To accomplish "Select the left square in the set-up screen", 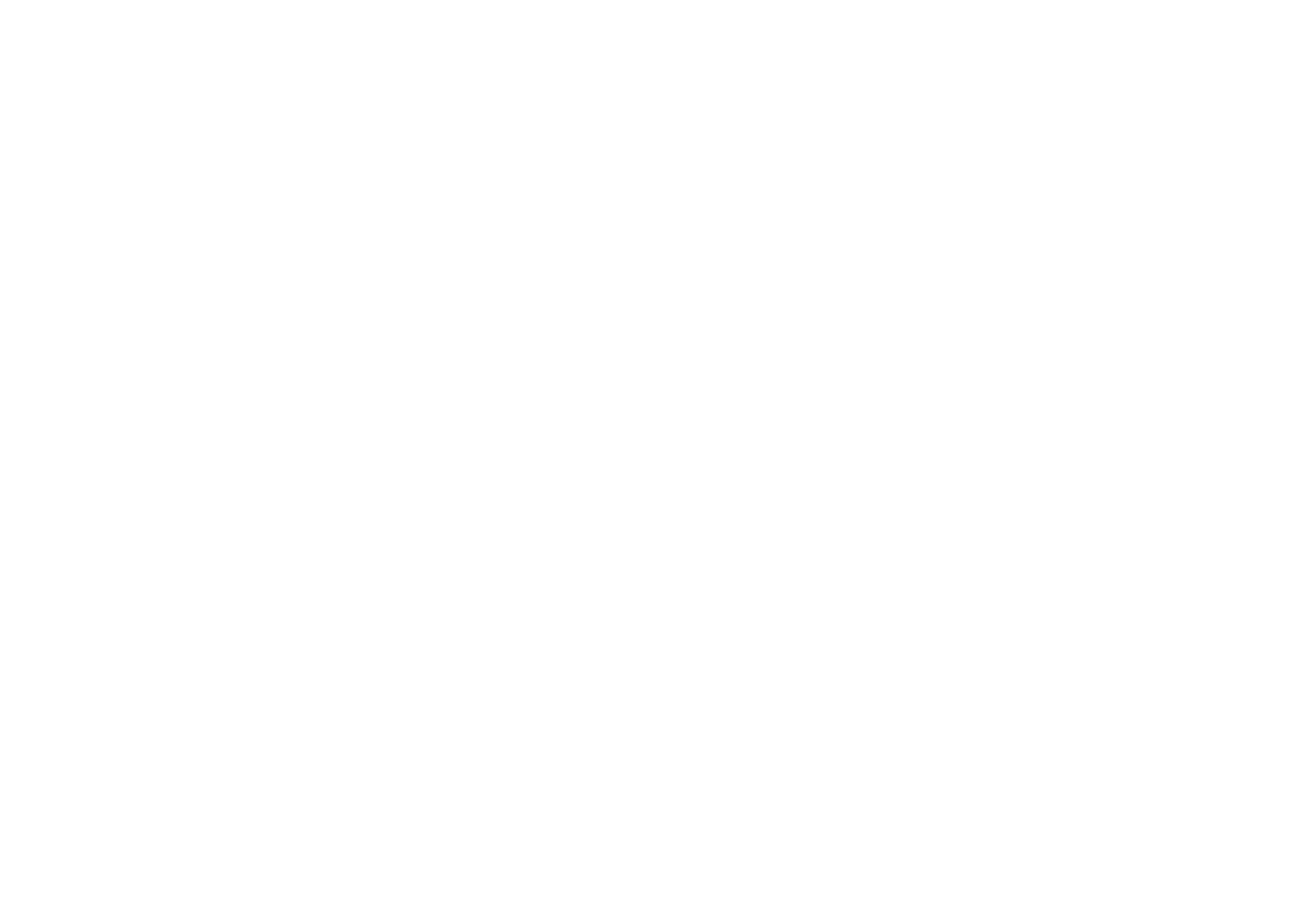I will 148,491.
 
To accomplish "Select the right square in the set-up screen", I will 447,501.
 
